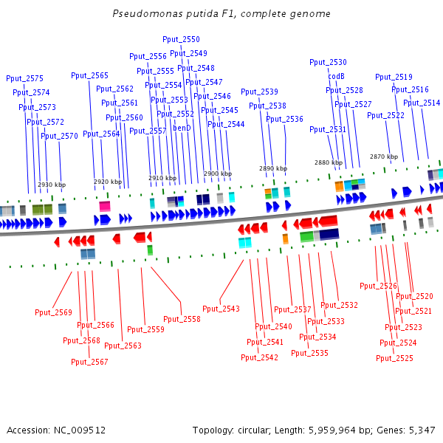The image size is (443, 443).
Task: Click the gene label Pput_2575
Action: tap(24, 78)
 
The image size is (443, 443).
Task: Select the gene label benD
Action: tap(182, 128)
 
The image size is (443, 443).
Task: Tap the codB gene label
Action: tap(336, 76)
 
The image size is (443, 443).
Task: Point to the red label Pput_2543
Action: tap(221, 309)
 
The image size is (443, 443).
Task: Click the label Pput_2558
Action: tap(182, 319)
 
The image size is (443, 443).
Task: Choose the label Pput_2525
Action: tap(394, 358)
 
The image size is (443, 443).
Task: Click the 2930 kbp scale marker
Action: tap(52, 185)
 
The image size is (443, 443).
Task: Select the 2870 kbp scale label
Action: tap(383, 157)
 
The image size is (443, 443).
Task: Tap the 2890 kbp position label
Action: tap(272, 168)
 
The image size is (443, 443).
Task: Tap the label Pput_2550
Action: tap(181, 39)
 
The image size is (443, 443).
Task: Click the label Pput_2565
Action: tap(89, 75)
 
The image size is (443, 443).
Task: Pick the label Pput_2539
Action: tap(259, 92)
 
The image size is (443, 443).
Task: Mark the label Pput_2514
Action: tap(421, 103)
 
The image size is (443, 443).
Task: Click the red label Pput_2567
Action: tap(89, 362)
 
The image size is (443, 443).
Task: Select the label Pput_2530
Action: tap(328, 63)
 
